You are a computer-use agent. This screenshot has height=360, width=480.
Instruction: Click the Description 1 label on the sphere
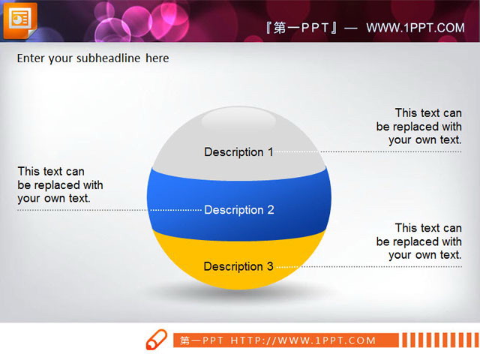click(x=238, y=152)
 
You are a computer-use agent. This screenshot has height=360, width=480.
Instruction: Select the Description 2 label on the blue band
click(x=239, y=210)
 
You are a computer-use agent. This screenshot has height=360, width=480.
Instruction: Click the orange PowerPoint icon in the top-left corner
click(x=19, y=19)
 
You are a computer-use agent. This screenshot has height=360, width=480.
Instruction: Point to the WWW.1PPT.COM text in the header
click(x=415, y=28)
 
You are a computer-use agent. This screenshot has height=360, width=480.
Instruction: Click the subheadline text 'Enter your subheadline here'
click(x=92, y=58)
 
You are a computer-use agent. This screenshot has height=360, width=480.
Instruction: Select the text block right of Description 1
click(x=418, y=127)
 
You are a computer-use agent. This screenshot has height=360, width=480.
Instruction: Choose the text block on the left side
click(x=60, y=185)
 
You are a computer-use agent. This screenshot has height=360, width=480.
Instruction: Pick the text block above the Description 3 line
click(x=418, y=241)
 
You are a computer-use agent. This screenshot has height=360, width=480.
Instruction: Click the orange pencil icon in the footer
click(x=156, y=340)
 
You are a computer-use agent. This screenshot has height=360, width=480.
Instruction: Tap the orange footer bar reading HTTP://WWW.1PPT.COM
click(x=285, y=340)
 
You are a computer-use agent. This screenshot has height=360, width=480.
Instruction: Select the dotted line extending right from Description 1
click(x=367, y=151)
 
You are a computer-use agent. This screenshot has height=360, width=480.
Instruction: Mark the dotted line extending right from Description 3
click(x=367, y=266)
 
